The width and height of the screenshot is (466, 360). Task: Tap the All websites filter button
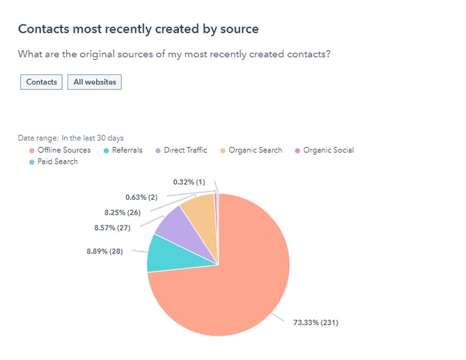[x=94, y=82]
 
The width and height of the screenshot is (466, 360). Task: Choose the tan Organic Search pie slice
[x=199, y=212]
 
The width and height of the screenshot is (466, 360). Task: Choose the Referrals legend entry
[x=126, y=150]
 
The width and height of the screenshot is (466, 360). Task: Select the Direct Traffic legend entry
[x=185, y=150]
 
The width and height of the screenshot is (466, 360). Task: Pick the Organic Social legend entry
[x=328, y=150]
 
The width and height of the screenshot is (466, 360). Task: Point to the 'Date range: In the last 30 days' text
[x=70, y=138]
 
